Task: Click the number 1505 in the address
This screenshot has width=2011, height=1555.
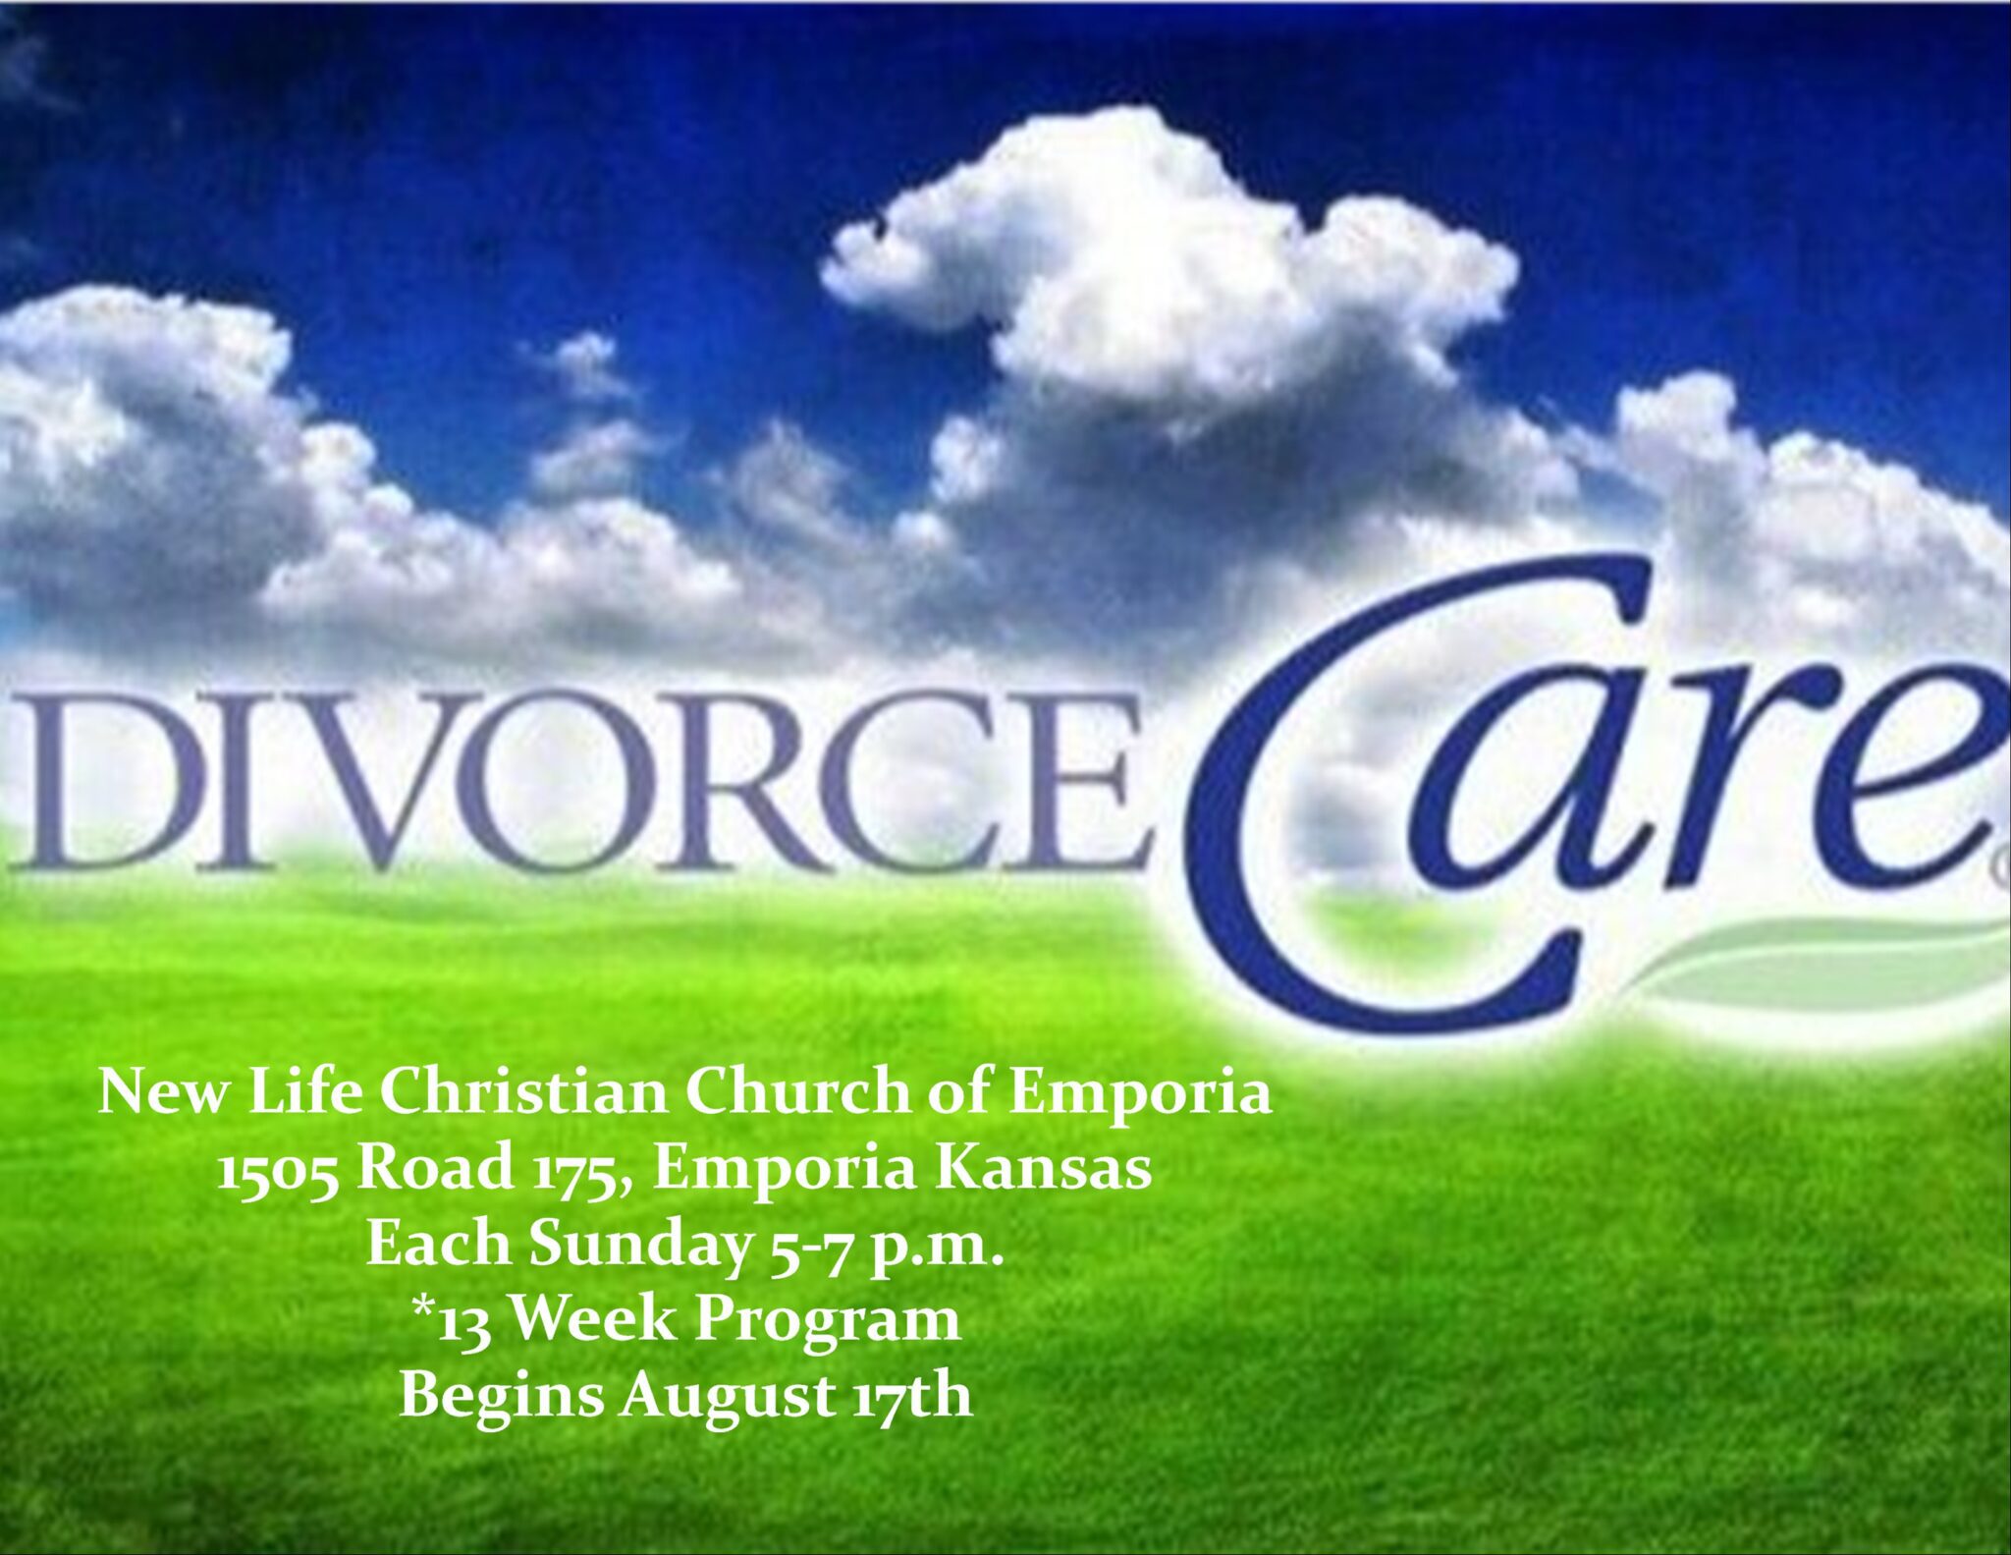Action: tap(278, 1171)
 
